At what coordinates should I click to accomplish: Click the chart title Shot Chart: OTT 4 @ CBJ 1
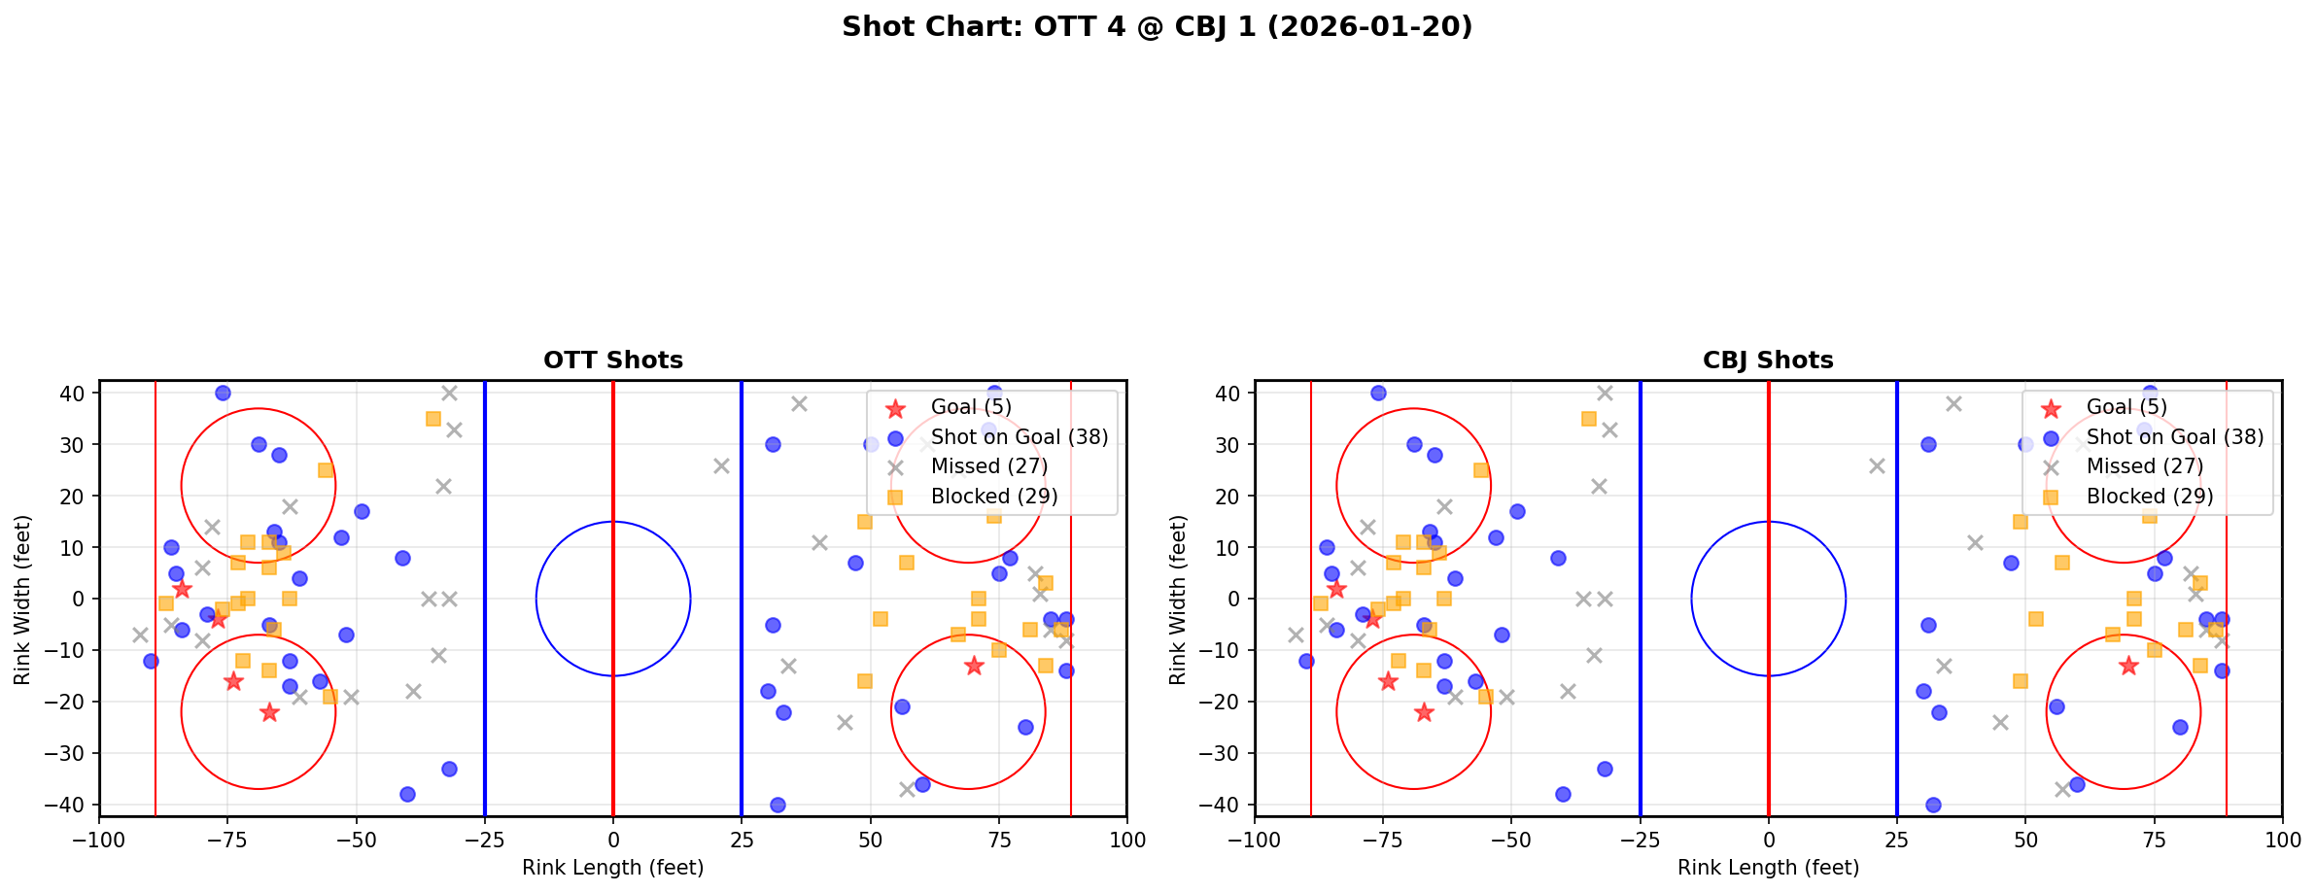pyautogui.click(x=1157, y=27)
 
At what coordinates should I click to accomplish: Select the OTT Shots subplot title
pyautogui.click(x=612, y=361)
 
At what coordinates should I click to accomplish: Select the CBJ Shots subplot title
pyautogui.click(x=1768, y=361)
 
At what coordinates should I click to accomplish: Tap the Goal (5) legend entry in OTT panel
pyautogui.click(x=971, y=407)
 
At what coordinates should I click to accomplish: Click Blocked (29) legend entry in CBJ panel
pyautogui.click(x=2150, y=497)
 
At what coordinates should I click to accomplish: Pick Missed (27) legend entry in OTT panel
pyautogui.click(x=989, y=466)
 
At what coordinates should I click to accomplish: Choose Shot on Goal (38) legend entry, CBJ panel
pyautogui.click(x=2175, y=437)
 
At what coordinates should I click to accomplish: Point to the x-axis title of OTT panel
pyautogui.click(x=612, y=868)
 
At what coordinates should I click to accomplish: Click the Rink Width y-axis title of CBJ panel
pyautogui.click(x=1178, y=599)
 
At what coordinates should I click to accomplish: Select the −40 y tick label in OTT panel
pyautogui.click(x=72, y=805)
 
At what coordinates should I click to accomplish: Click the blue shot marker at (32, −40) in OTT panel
pyautogui.click(x=778, y=805)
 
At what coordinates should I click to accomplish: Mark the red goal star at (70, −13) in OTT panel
pyautogui.click(x=973, y=666)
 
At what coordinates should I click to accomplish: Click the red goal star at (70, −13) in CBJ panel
pyautogui.click(x=2128, y=666)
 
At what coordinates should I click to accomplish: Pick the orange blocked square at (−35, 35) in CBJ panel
pyautogui.click(x=1588, y=419)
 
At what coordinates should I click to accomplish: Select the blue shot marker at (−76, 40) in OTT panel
pyautogui.click(x=223, y=394)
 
